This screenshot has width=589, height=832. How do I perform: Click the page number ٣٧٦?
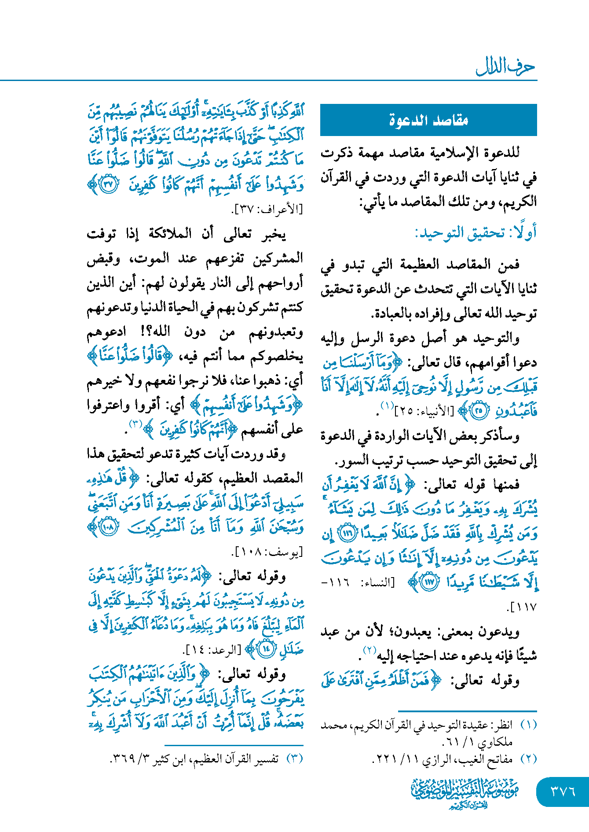pos(563,791)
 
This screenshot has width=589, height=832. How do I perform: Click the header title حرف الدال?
pos(505,67)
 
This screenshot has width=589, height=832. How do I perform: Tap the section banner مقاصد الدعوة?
pos(428,120)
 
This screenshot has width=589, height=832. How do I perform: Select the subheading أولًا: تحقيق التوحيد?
pos(476,233)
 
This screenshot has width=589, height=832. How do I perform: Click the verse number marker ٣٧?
pos(108,184)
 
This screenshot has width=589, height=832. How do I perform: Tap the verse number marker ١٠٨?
pos(108,527)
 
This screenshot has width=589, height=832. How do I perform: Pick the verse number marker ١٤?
pos(266,649)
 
